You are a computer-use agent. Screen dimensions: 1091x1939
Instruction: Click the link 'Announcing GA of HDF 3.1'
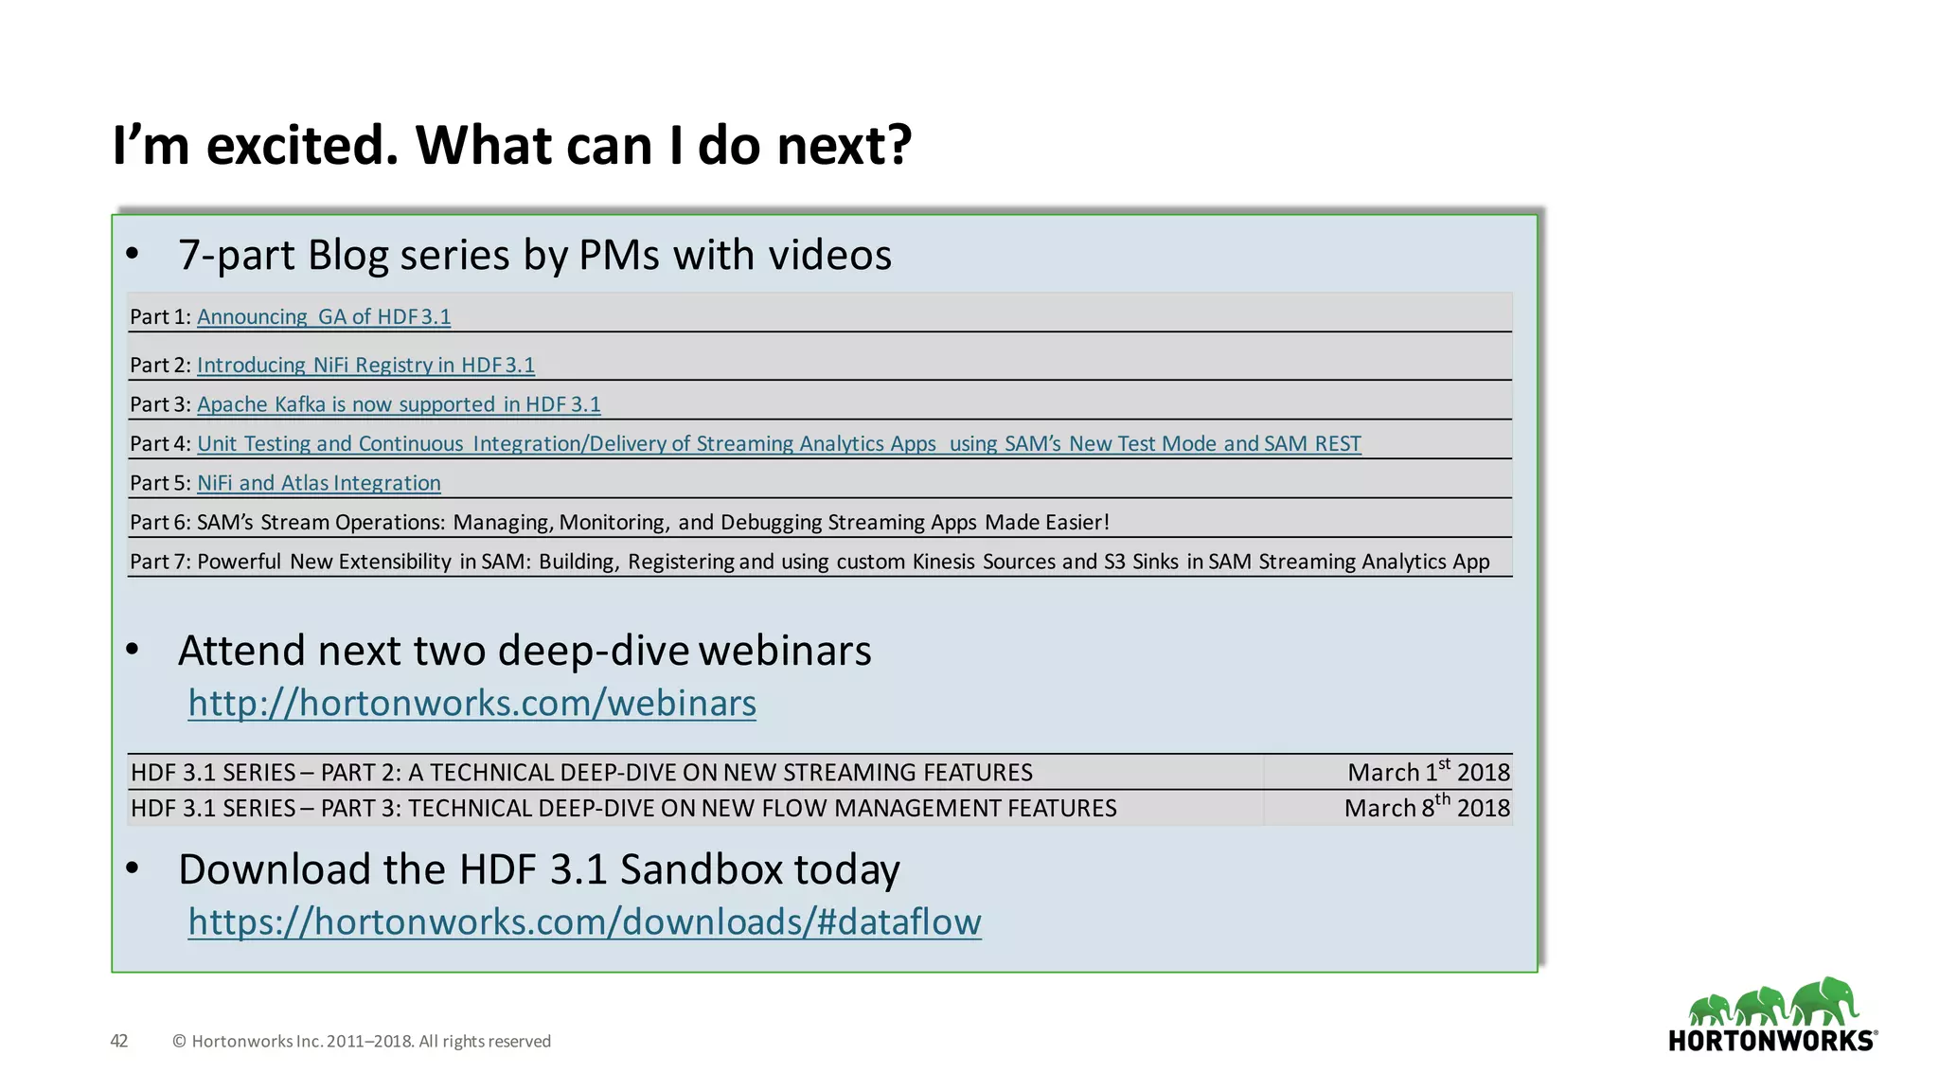[324, 316]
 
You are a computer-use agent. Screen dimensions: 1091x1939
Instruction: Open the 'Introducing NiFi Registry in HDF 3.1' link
[365, 365]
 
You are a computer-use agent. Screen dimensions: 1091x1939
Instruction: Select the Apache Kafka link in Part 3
[399, 404]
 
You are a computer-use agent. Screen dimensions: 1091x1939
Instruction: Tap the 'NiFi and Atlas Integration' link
[319, 483]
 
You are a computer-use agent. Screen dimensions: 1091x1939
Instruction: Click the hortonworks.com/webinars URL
[471, 704]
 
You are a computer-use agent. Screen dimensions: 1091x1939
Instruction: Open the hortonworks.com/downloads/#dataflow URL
[584, 922]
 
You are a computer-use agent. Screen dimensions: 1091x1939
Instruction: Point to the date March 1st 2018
[1428, 772]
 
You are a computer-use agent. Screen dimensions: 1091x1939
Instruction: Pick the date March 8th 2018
[1426, 808]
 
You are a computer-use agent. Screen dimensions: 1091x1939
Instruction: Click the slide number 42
[119, 1041]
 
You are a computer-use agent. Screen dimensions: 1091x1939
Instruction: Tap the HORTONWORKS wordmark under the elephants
[1771, 1041]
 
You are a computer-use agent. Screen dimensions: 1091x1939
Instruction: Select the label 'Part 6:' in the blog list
[160, 523]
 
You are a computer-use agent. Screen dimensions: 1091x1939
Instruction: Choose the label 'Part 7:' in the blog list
[160, 562]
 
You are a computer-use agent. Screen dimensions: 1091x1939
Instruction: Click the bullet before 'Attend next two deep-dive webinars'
[133, 650]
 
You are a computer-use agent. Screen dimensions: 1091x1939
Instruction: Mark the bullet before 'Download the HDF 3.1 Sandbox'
[133, 868]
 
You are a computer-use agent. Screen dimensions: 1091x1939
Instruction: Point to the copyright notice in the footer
[362, 1041]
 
